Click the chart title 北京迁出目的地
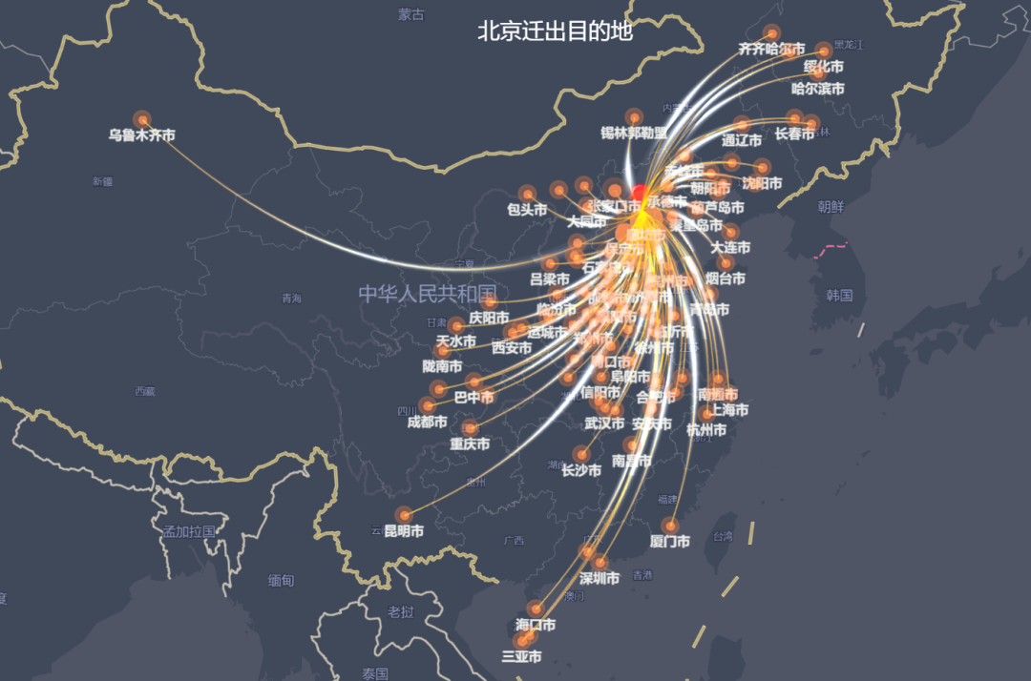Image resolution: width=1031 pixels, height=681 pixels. tap(555, 31)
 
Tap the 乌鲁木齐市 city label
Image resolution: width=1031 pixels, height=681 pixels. tap(141, 135)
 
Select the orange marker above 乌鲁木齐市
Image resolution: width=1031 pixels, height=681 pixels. tap(142, 119)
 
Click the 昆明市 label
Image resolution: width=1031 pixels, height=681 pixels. tap(403, 531)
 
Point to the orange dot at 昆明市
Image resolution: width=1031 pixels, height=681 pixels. tap(404, 515)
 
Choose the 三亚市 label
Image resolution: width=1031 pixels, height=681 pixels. tap(521, 656)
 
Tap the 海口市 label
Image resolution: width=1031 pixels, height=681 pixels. tap(536, 625)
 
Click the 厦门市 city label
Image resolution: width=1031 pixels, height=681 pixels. tap(669, 542)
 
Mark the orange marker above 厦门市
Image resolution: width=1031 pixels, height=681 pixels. tap(670, 526)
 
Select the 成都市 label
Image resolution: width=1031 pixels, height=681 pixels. tap(427, 422)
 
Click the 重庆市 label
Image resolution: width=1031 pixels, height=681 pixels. tap(470, 444)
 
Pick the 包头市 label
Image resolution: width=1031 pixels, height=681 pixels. tap(527, 210)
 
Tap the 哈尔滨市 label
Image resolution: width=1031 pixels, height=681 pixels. tap(818, 89)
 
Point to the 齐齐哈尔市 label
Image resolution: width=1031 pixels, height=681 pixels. tap(771, 48)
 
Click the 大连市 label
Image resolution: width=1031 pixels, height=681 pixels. tap(730, 248)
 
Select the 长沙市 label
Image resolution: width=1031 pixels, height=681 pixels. tap(580, 470)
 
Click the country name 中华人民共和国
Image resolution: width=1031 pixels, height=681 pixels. tap(428, 293)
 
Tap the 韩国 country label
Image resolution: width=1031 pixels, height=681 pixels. tap(840, 296)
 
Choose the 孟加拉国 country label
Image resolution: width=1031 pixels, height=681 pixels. tap(189, 531)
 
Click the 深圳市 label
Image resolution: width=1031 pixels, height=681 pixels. tap(600, 578)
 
